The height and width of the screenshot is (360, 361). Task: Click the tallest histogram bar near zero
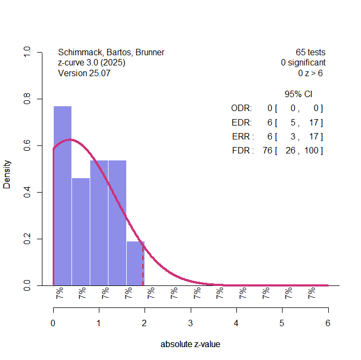point(62,195)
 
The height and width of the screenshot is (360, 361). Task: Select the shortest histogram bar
point(135,263)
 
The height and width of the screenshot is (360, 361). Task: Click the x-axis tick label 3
point(191,323)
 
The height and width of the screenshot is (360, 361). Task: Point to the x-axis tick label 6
point(328,323)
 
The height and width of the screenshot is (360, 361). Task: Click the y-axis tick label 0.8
point(26,99)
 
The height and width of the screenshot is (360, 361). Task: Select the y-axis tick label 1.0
point(26,53)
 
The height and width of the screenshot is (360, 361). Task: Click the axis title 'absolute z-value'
point(190,344)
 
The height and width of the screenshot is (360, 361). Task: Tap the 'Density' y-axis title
point(7,174)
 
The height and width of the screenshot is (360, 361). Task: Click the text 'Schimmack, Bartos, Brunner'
point(111,53)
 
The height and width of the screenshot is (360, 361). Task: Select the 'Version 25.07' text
point(84,73)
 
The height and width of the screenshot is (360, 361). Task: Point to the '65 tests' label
point(311,53)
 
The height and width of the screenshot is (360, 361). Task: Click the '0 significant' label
point(303,63)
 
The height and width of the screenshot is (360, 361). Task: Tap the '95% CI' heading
point(298,94)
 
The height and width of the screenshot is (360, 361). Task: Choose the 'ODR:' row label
point(241,108)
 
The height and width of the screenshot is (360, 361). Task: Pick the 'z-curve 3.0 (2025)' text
point(91,63)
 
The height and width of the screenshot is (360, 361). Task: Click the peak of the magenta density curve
point(69,139)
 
